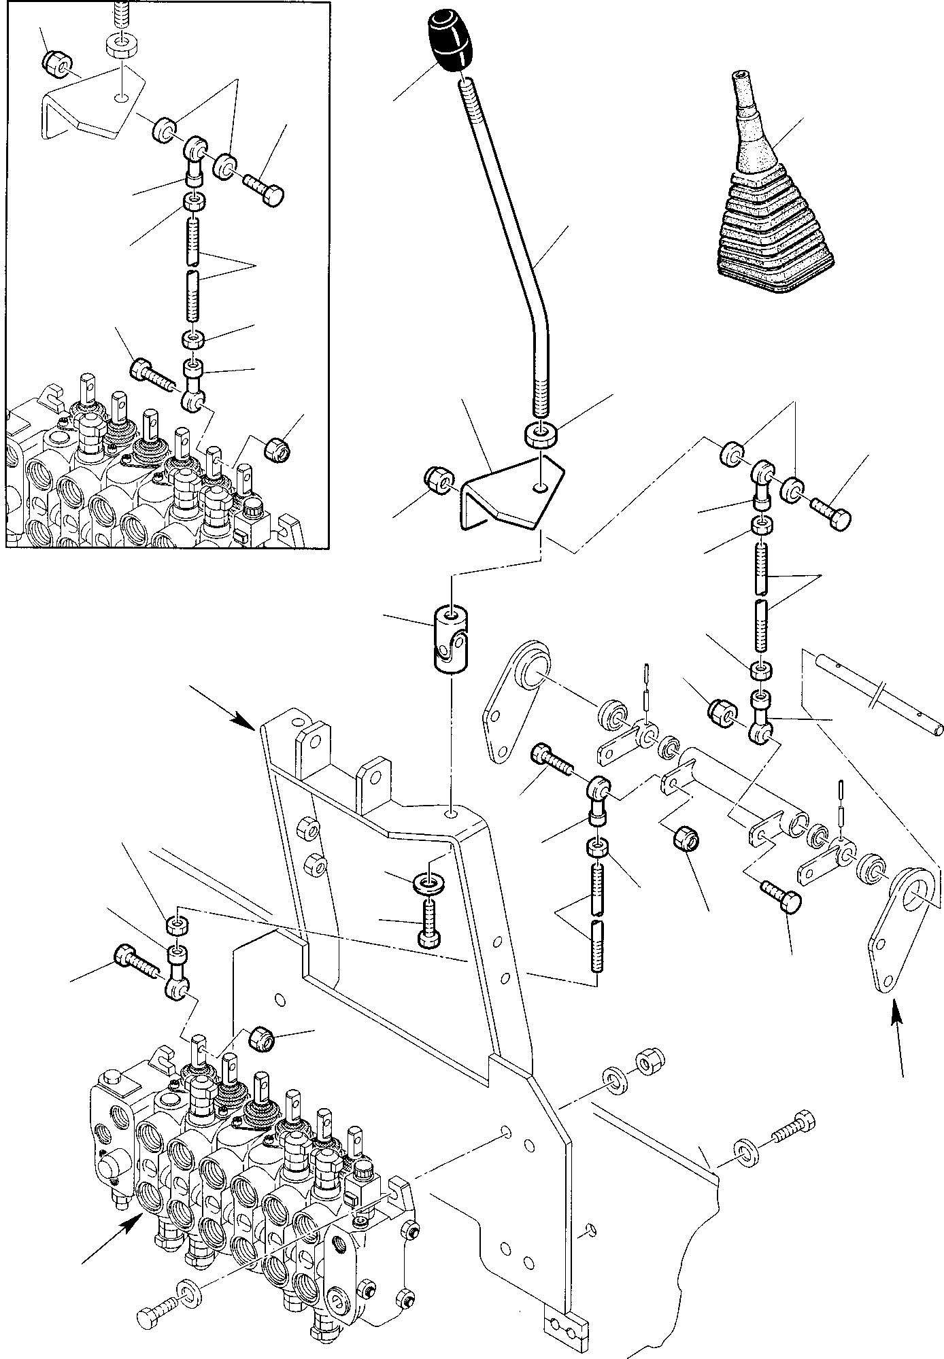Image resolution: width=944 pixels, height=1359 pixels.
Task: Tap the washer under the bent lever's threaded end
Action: [541, 435]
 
